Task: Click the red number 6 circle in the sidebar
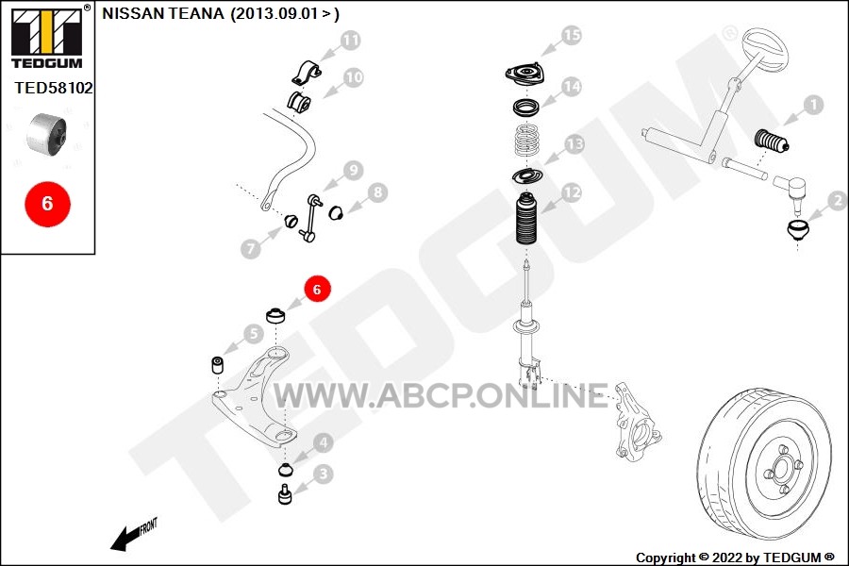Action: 48,204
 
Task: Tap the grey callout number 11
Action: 350,41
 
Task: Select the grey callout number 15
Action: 572,36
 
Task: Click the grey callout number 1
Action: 813,105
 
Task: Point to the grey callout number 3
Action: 324,474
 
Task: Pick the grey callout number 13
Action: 574,144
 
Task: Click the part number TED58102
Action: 54,88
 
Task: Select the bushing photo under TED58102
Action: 46,133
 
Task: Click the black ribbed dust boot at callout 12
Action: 526,218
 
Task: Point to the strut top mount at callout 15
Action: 525,74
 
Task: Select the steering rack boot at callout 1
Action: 771,141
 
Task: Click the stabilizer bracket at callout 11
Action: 307,74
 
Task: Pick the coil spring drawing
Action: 526,141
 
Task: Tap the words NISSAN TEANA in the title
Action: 162,13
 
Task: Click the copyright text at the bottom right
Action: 735,558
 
